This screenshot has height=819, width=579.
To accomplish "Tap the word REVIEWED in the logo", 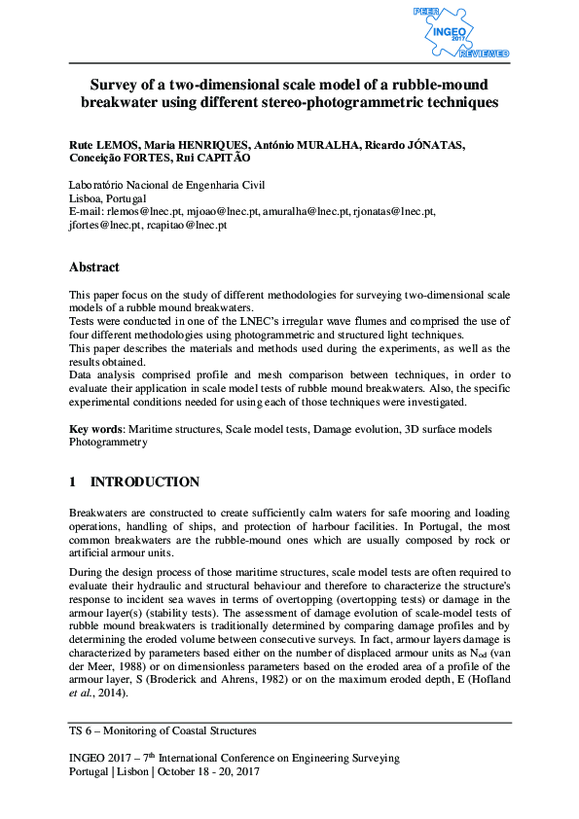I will point(490,54).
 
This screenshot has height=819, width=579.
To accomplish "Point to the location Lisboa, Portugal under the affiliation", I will point(108,198).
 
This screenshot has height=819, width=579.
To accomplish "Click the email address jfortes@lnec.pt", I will point(104,225).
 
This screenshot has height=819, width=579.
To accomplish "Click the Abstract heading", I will point(94,267).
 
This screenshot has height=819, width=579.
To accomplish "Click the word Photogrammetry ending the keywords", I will point(108,442).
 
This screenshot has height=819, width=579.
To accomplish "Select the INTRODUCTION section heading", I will point(145,482).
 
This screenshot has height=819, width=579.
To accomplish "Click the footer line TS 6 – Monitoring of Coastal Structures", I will point(163,730).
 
